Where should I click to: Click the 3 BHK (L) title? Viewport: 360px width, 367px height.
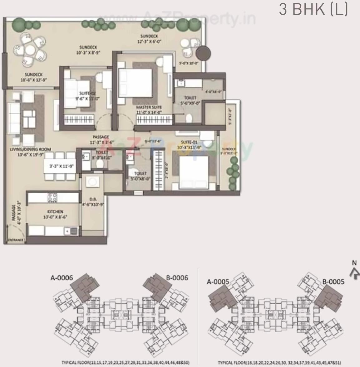(313, 10)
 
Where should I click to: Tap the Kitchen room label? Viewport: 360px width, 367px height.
(55, 212)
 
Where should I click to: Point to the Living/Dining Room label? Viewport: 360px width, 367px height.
(30, 149)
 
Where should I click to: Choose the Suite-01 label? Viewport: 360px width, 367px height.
(187, 142)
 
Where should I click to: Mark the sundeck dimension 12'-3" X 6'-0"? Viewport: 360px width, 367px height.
(150, 41)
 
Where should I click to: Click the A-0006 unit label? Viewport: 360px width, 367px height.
(62, 278)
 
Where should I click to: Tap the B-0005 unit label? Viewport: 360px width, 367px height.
(333, 282)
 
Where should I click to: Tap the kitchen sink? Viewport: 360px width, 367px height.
(74, 231)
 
